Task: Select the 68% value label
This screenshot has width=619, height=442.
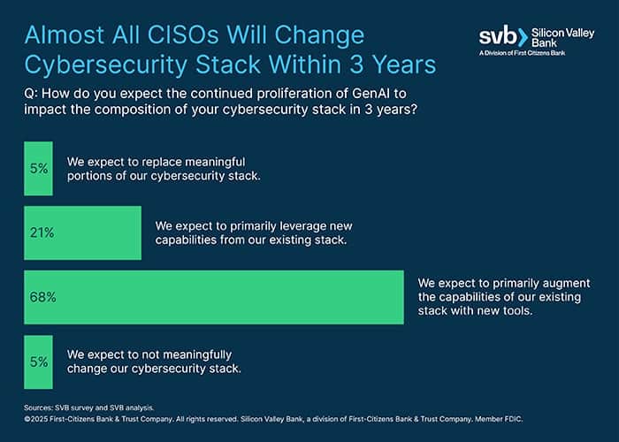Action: point(42,297)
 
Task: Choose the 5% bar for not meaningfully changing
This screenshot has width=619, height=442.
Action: point(38,362)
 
